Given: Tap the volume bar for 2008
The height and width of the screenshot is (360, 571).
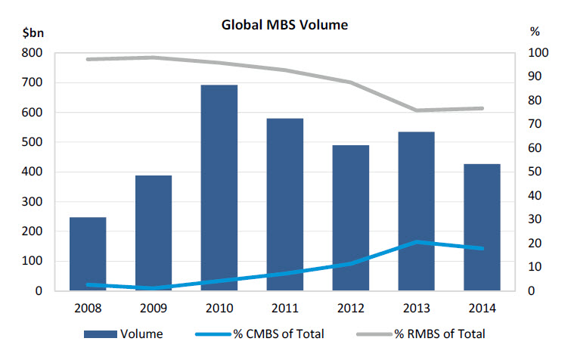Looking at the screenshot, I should (88, 253).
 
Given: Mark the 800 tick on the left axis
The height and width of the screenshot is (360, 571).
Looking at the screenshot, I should (33, 53).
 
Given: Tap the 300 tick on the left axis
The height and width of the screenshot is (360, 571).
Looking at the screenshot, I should (33, 202).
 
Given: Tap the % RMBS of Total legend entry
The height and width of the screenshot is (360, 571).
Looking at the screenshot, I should (420, 333).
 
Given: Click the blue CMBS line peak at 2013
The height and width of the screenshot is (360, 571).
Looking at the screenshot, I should (416, 241).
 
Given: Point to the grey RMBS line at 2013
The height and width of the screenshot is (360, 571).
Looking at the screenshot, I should (416, 110).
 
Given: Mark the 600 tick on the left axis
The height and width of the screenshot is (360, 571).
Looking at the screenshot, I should (33, 113).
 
